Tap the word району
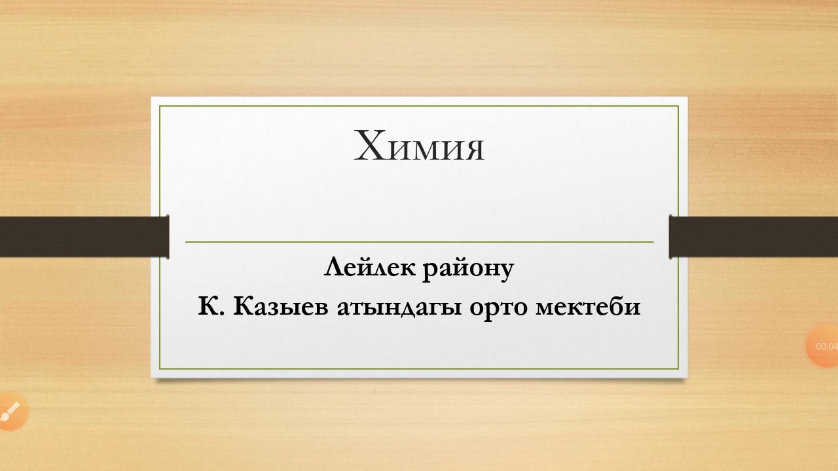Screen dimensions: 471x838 [x=467, y=270]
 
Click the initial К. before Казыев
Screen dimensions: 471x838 [x=211, y=306]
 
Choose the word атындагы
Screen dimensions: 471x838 [x=400, y=307]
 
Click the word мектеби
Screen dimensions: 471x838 [x=587, y=306]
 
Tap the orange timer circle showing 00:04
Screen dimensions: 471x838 [x=824, y=346]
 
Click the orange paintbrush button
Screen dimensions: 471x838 [x=10, y=411]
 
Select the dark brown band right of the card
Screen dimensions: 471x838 [x=754, y=236]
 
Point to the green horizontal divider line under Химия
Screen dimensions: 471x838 [x=419, y=242]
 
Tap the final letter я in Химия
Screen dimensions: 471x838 [x=473, y=149]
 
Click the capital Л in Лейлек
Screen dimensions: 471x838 [x=333, y=268]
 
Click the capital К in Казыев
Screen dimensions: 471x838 [x=241, y=306]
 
